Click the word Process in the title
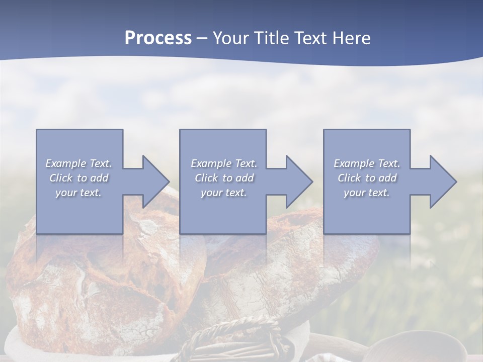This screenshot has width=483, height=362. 158,38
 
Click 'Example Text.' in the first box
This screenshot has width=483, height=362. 79,163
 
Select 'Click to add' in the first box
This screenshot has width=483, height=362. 79,178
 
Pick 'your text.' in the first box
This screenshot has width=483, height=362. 79,193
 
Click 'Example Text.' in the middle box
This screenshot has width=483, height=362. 223,163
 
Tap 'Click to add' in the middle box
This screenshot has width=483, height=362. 223,178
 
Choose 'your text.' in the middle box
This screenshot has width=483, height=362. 223,193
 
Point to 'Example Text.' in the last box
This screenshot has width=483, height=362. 367,163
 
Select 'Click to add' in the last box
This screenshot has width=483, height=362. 367,178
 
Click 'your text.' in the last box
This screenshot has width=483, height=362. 367,193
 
